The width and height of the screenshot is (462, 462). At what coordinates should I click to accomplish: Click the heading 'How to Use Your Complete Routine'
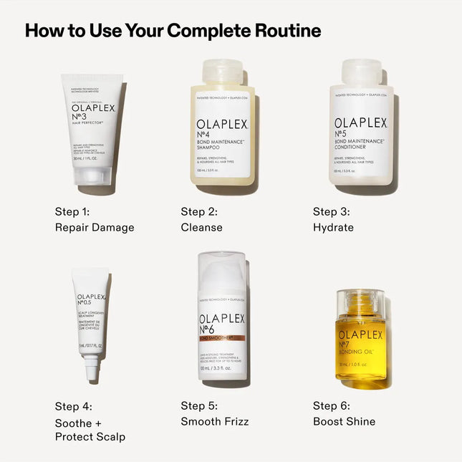tap(173, 31)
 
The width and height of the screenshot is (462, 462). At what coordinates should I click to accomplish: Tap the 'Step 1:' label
tap(73, 211)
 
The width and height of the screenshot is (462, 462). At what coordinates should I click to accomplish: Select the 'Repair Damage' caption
tap(95, 227)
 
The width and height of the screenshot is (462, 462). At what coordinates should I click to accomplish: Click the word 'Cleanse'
tap(201, 227)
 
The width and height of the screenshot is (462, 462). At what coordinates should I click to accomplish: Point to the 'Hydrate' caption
tap(333, 227)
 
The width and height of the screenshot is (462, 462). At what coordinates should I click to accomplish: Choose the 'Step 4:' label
tap(74, 406)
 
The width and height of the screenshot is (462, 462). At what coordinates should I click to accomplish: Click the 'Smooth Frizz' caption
tap(215, 422)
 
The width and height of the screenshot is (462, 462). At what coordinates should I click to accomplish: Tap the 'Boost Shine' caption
tap(344, 422)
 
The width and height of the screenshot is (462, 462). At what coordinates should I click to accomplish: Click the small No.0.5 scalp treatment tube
tap(91, 315)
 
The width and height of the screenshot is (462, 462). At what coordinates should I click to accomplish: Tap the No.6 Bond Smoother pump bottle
tap(222, 319)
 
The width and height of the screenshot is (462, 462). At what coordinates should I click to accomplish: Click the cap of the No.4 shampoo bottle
tap(223, 72)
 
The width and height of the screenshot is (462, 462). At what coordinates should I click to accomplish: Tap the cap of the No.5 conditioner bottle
tap(362, 72)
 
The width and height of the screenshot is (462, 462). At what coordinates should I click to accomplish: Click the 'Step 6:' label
tap(331, 406)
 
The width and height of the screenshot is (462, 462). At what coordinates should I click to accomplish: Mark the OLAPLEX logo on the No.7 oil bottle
tap(361, 335)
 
